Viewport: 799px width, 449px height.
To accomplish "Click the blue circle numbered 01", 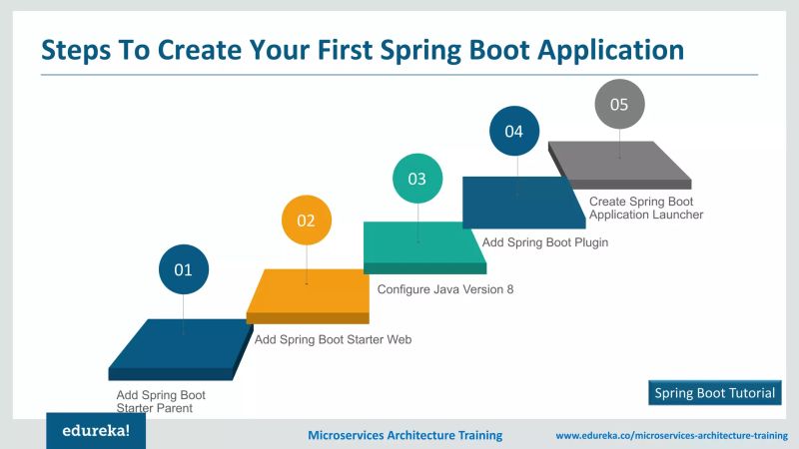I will point(184,268).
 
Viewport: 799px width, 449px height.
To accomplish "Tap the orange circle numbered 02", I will point(307,220).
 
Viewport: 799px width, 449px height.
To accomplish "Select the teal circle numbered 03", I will point(417,179).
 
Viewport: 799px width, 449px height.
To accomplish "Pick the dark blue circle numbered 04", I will point(514,132).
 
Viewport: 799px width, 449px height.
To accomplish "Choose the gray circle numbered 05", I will point(619,104).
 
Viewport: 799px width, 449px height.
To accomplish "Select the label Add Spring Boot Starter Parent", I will point(160,401).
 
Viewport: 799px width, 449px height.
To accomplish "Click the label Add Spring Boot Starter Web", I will point(333,339).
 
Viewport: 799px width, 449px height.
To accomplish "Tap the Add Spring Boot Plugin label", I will point(544,242).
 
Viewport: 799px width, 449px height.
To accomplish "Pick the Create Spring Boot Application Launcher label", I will point(646,208).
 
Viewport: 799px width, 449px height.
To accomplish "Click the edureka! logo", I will point(96,429).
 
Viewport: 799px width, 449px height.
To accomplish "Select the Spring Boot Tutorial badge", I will point(714,393).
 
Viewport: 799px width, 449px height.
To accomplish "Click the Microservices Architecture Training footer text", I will point(404,435).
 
